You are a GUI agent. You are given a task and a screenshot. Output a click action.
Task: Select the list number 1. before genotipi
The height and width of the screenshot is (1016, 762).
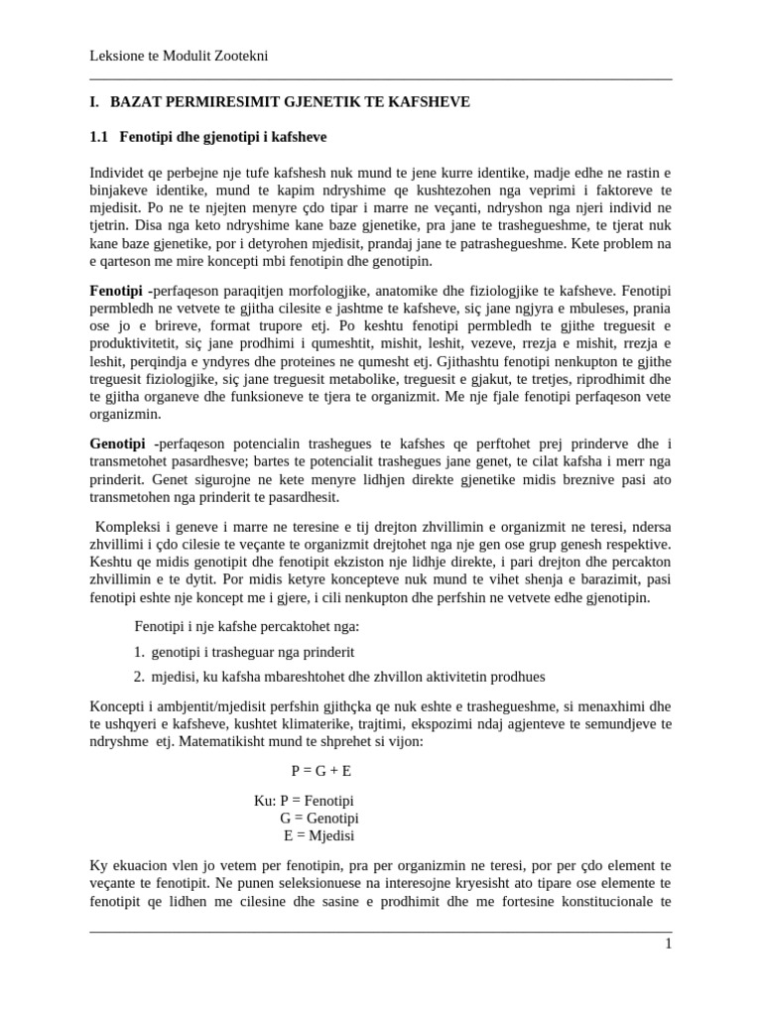[x=139, y=652]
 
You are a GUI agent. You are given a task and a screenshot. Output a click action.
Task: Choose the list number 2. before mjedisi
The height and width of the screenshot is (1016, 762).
[x=139, y=677]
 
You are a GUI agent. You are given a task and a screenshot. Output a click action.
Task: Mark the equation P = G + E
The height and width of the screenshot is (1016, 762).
[x=320, y=770]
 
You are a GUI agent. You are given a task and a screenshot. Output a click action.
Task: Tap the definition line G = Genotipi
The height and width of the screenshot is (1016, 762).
[x=319, y=819]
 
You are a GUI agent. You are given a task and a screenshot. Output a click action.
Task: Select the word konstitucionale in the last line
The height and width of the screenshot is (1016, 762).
[x=594, y=902]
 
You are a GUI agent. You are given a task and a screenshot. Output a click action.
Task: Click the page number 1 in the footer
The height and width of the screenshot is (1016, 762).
[x=668, y=944]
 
